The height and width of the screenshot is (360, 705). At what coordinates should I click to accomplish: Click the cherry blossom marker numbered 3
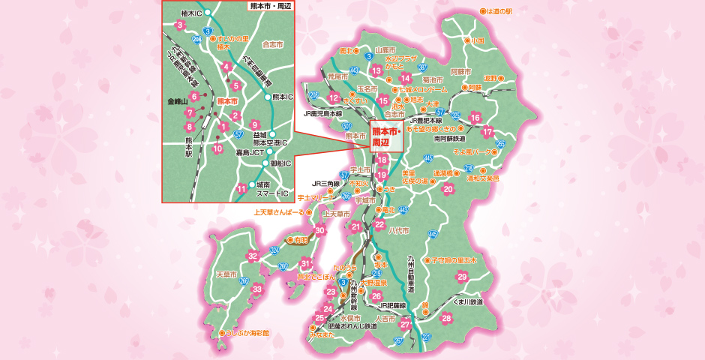click(x=179, y=25)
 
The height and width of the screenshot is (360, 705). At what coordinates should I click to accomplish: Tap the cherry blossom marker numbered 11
click(x=241, y=188)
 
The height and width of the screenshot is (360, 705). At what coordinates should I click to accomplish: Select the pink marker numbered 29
click(x=462, y=277)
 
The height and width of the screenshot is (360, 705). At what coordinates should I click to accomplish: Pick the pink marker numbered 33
click(x=257, y=289)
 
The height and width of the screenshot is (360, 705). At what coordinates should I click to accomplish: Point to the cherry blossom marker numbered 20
click(x=448, y=189)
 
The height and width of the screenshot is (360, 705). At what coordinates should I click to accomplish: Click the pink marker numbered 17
click(x=487, y=133)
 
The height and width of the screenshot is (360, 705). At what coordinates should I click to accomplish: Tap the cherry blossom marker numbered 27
click(x=405, y=325)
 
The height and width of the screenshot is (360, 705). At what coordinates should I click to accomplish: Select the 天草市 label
click(x=226, y=274)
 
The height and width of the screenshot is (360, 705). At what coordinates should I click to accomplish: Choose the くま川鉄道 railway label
click(x=463, y=301)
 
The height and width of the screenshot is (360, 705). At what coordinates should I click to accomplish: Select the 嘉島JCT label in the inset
click(x=226, y=152)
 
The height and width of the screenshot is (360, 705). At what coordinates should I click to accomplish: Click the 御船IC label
click(x=280, y=163)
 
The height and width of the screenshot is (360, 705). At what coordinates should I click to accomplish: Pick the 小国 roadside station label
click(x=478, y=40)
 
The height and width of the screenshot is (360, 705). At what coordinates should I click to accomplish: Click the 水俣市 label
click(x=351, y=318)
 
